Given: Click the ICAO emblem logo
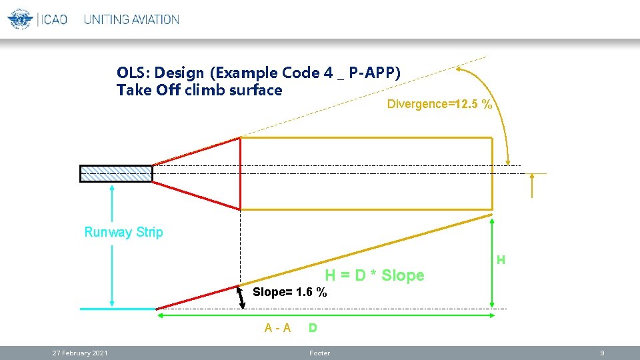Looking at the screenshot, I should click(x=20, y=19).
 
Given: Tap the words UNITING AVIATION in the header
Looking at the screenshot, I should click(x=131, y=19).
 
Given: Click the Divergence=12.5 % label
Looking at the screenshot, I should click(x=440, y=104).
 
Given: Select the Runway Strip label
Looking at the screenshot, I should click(x=123, y=232).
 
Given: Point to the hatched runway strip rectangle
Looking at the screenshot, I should click(x=116, y=173).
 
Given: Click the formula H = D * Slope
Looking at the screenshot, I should click(x=374, y=275).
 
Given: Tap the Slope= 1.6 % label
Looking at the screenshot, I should click(x=290, y=292).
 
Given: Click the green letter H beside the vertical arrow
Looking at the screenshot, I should click(x=501, y=259).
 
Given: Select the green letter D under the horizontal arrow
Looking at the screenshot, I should click(x=312, y=328).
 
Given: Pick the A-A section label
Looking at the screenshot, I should click(x=277, y=328).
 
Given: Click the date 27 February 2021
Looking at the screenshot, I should click(x=81, y=353).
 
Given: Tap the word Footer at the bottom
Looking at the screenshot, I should click(x=319, y=353).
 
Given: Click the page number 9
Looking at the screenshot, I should click(x=601, y=353).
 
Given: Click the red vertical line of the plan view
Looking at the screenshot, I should click(x=240, y=173).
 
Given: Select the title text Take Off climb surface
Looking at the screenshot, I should click(x=199, y=90).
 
